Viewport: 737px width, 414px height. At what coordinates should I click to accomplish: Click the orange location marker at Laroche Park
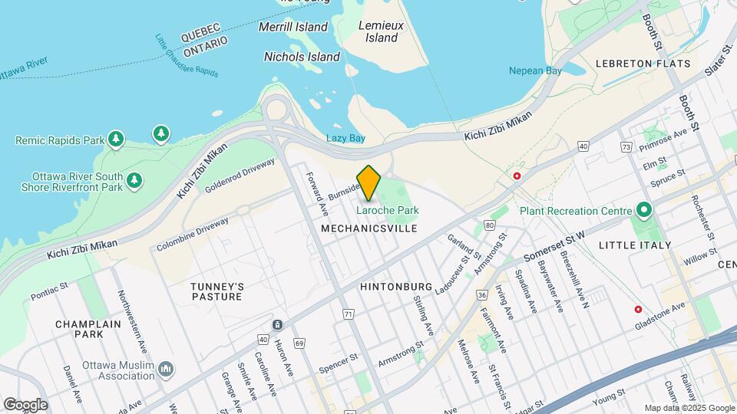pos(368,182)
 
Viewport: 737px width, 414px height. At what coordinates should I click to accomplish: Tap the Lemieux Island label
pos(381,31)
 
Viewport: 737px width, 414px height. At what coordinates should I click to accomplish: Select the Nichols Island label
pos(302,57)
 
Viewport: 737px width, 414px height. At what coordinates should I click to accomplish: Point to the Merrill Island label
pos(293,27)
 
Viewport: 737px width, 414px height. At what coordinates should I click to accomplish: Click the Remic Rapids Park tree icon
pos(115,139)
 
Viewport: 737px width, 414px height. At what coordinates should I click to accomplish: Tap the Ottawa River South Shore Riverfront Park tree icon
pos(134,180)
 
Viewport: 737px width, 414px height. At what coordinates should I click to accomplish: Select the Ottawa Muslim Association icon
pos(166,371)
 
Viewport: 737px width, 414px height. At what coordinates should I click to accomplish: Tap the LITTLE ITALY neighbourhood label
pos(634,245)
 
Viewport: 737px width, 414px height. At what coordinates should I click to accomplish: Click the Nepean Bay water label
pos(535,71)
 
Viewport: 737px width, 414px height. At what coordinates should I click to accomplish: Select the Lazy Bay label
pos(345,138)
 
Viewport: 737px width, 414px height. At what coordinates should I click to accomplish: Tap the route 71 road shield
pos(349,314)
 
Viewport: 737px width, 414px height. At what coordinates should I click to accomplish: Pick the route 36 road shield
pos(482,294)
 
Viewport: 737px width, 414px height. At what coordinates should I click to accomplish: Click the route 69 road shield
pos(299,342)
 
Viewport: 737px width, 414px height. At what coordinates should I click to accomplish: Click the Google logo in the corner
pos(25,405)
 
